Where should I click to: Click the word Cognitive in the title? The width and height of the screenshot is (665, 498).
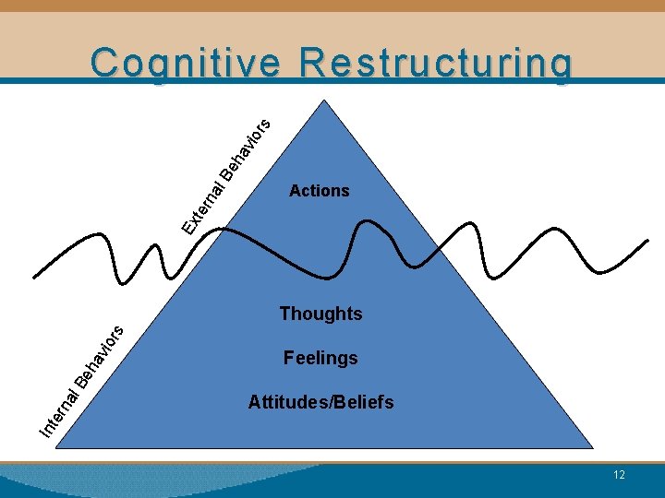tap(186, 64)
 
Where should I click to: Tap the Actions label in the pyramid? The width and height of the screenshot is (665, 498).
tap(320, 191)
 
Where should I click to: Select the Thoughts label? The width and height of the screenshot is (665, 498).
tap(320, 314)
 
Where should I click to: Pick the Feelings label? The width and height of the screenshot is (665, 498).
tap(320, 358)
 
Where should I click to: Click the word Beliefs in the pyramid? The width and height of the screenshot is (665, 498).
tap(361, 402)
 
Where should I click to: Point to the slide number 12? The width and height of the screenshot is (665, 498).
tap(619, 475)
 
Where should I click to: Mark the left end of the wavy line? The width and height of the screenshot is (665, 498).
tap(33, 276)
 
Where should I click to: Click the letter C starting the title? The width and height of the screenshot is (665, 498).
tap(104, 64)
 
